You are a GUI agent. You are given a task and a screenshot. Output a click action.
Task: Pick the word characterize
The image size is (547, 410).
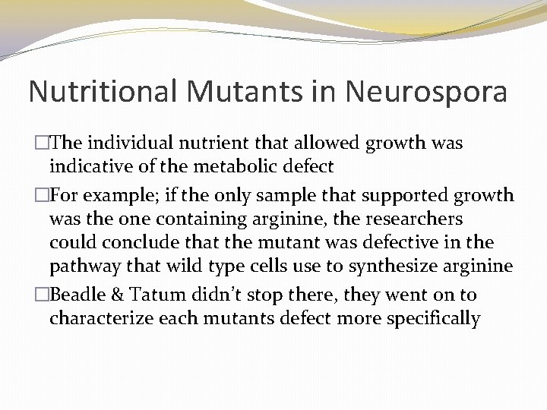click(x=103, y=318)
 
